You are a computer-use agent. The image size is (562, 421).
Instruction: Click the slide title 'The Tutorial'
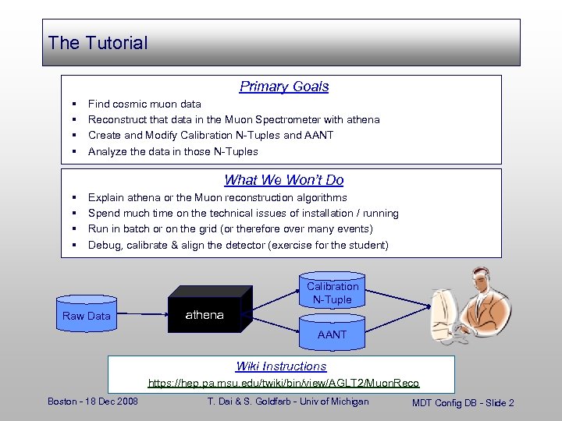pos(98,43)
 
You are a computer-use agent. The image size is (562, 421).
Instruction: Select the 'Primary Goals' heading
pos(284,87)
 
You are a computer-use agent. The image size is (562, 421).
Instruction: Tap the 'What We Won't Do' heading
pos(284,180)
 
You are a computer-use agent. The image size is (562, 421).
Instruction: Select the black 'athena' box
pos(205,314)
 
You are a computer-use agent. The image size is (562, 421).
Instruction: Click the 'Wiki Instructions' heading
pos(281,366)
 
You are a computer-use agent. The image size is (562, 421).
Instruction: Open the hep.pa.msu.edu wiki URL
pos(284,383)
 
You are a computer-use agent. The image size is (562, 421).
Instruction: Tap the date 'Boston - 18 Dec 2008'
pos(93,402)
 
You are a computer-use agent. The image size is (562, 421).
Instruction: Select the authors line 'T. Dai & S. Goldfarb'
pos(288,402)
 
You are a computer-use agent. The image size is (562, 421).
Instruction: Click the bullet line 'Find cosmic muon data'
pos(144,104)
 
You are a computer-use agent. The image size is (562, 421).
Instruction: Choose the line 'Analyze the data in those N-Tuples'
pos(173,151)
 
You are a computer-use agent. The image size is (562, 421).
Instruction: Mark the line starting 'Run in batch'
pos(230,229)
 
